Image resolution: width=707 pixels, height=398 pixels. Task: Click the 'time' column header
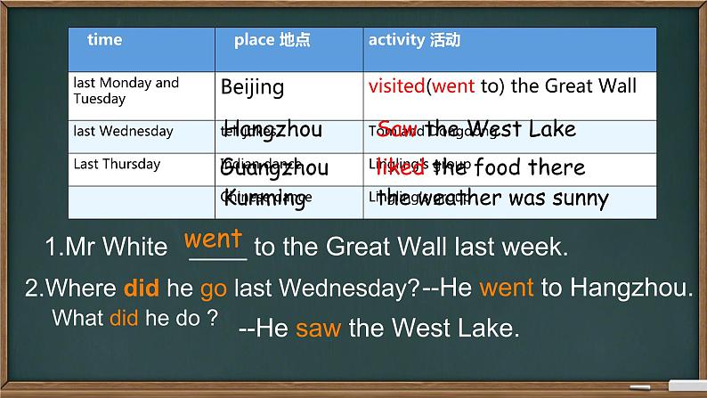(105, 40)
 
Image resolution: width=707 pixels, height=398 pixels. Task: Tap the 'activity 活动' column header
(414, 40)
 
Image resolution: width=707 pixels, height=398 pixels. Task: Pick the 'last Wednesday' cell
(124, 132)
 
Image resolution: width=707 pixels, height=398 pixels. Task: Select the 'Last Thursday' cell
(117, 164)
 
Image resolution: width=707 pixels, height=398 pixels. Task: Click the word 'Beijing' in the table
(252, 87)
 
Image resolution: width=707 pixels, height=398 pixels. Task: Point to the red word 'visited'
(396, 86)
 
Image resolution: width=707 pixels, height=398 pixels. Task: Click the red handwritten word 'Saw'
(396, 129)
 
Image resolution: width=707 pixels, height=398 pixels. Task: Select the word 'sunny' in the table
(578, 199)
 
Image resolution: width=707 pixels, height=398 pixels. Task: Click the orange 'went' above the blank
(213, 240)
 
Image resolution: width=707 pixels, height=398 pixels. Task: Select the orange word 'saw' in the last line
(319, 329)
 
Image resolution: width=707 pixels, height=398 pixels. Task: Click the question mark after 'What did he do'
(211, 318)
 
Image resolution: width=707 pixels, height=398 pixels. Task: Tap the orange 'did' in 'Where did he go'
(141, 288)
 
